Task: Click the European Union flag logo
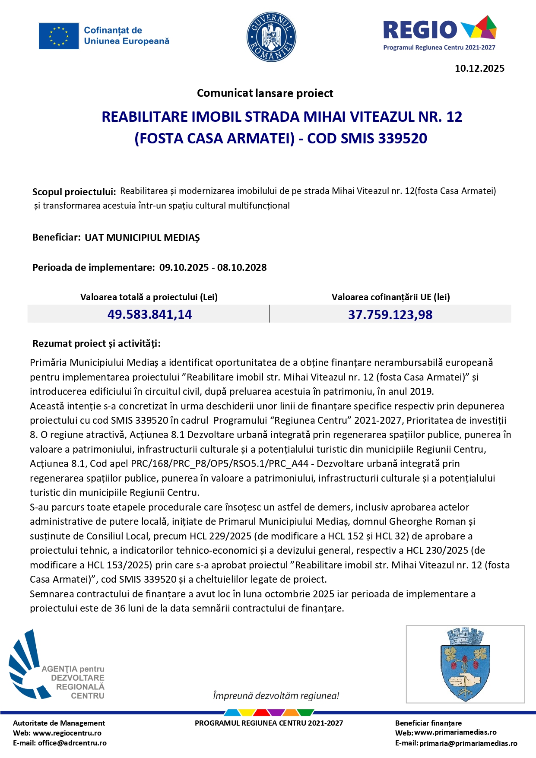click(x=59, y=36)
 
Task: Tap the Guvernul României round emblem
click(x=271, y=37)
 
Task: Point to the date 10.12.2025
click(x=479, y=68)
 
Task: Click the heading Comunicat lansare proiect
click(x=265, y=93)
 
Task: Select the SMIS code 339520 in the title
click(x=403, y=138)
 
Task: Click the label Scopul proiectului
click(x=74, y=192)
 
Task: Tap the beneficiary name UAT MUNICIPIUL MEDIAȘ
click(x=142, y=238)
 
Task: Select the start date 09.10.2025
click(x=184, y=267)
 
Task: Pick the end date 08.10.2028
click(x=242, y=267)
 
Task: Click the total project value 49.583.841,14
click(x=149, y=314)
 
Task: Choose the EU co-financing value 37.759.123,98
click(x=390, y=314)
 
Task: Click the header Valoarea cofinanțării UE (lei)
click(x=390, y=297)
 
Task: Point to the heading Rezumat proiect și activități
click(x=96, y=344)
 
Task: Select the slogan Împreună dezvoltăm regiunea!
click(x=276, y=696)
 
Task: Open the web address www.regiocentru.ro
click(x=67, y=733)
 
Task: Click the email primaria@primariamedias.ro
click(x=468, y=743)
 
